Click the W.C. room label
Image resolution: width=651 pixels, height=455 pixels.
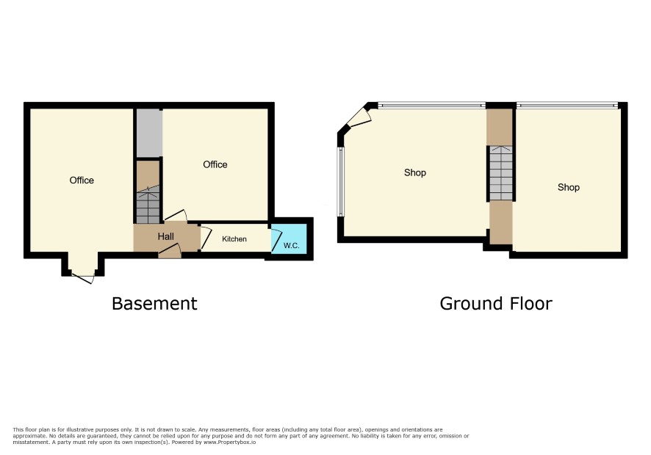point(291,246)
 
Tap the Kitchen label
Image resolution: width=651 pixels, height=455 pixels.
point(234,239)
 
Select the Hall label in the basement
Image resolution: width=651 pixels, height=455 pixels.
point(165,236)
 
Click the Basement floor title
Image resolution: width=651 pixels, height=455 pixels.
point(154,304)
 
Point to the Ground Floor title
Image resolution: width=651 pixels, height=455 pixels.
point(496,304)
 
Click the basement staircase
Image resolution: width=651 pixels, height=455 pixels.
point(148,205)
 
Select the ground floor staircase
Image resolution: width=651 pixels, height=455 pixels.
point(501,173)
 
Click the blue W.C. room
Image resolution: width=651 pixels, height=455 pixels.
point(289,239)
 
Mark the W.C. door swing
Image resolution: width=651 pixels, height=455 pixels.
point(276,239)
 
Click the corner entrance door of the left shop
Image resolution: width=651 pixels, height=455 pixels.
point(359,117)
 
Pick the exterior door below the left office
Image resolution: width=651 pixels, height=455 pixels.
point(83,278)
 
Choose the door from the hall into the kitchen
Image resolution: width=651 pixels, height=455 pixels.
point(206,238)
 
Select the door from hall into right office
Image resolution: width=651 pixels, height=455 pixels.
point(176,215)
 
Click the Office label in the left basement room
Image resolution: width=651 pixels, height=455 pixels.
point(82,180)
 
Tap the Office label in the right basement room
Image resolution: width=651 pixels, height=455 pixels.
point(215,164)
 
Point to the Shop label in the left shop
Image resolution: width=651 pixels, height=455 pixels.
point(414,172)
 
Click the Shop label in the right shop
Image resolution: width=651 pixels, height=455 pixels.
point(569,187)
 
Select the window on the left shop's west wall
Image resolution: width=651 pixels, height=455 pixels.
point(340,182)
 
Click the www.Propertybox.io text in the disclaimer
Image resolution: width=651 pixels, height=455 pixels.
point(229,442)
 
